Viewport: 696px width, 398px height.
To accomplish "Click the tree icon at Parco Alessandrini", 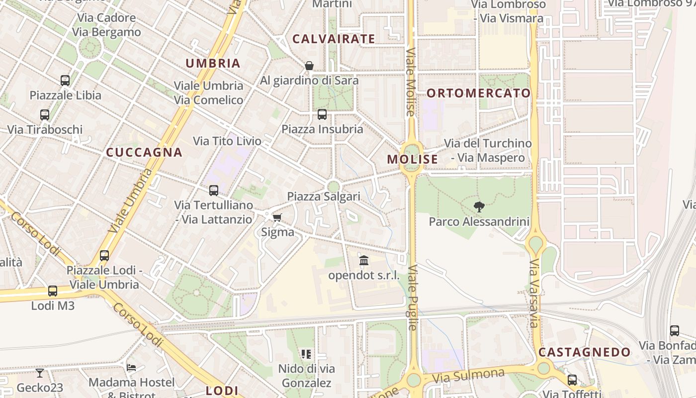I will tap(479, 206).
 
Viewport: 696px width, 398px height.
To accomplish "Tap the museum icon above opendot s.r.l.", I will tap(364, 260).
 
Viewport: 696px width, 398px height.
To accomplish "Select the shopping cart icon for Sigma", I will tap(277, 217).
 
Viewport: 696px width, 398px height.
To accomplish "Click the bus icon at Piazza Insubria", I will tap(322, 114).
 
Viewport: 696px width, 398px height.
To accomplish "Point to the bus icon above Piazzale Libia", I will tap(65, 80).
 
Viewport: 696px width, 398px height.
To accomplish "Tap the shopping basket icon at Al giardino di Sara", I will tap(309, 66).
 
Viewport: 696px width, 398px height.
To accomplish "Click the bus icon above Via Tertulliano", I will tap(214, 190).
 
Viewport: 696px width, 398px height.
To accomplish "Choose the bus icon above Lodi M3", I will tap(53, 291).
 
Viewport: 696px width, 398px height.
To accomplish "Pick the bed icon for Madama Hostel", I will tap(131, 368).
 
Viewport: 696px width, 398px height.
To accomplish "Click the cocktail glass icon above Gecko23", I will tap(40, 373).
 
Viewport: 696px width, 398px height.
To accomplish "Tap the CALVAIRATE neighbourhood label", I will tap(334, 39).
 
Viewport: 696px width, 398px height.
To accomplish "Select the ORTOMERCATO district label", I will tap(479, 93).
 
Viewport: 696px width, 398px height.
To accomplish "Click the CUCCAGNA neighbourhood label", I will tap(144, 152).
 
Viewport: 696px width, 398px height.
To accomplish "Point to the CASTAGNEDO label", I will tap(585, 352).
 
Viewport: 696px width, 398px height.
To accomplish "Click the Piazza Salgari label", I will tap(324, 197).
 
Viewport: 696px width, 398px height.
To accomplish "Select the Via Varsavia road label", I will tap(534, 294).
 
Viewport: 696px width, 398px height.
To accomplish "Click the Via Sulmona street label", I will tap(468, 375).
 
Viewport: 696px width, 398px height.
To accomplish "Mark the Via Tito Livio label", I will tap(227, 141).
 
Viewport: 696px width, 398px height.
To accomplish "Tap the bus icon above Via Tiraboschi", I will tap(45, 115).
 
